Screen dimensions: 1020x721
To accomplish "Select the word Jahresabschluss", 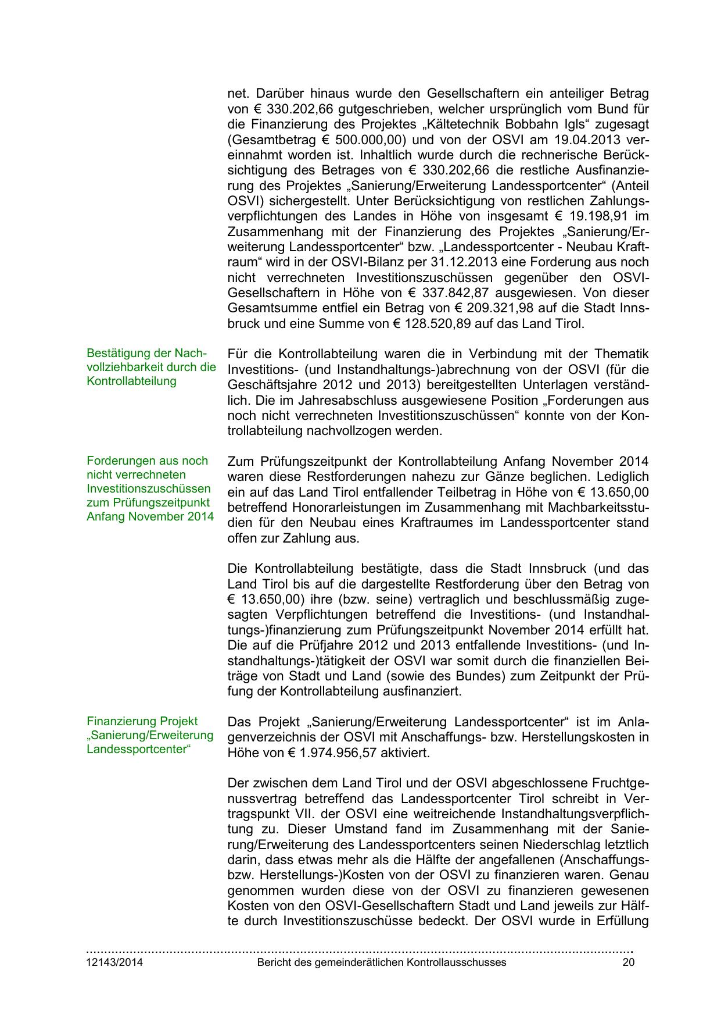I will (349, 400).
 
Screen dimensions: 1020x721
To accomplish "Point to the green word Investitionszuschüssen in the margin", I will (149, 488).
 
